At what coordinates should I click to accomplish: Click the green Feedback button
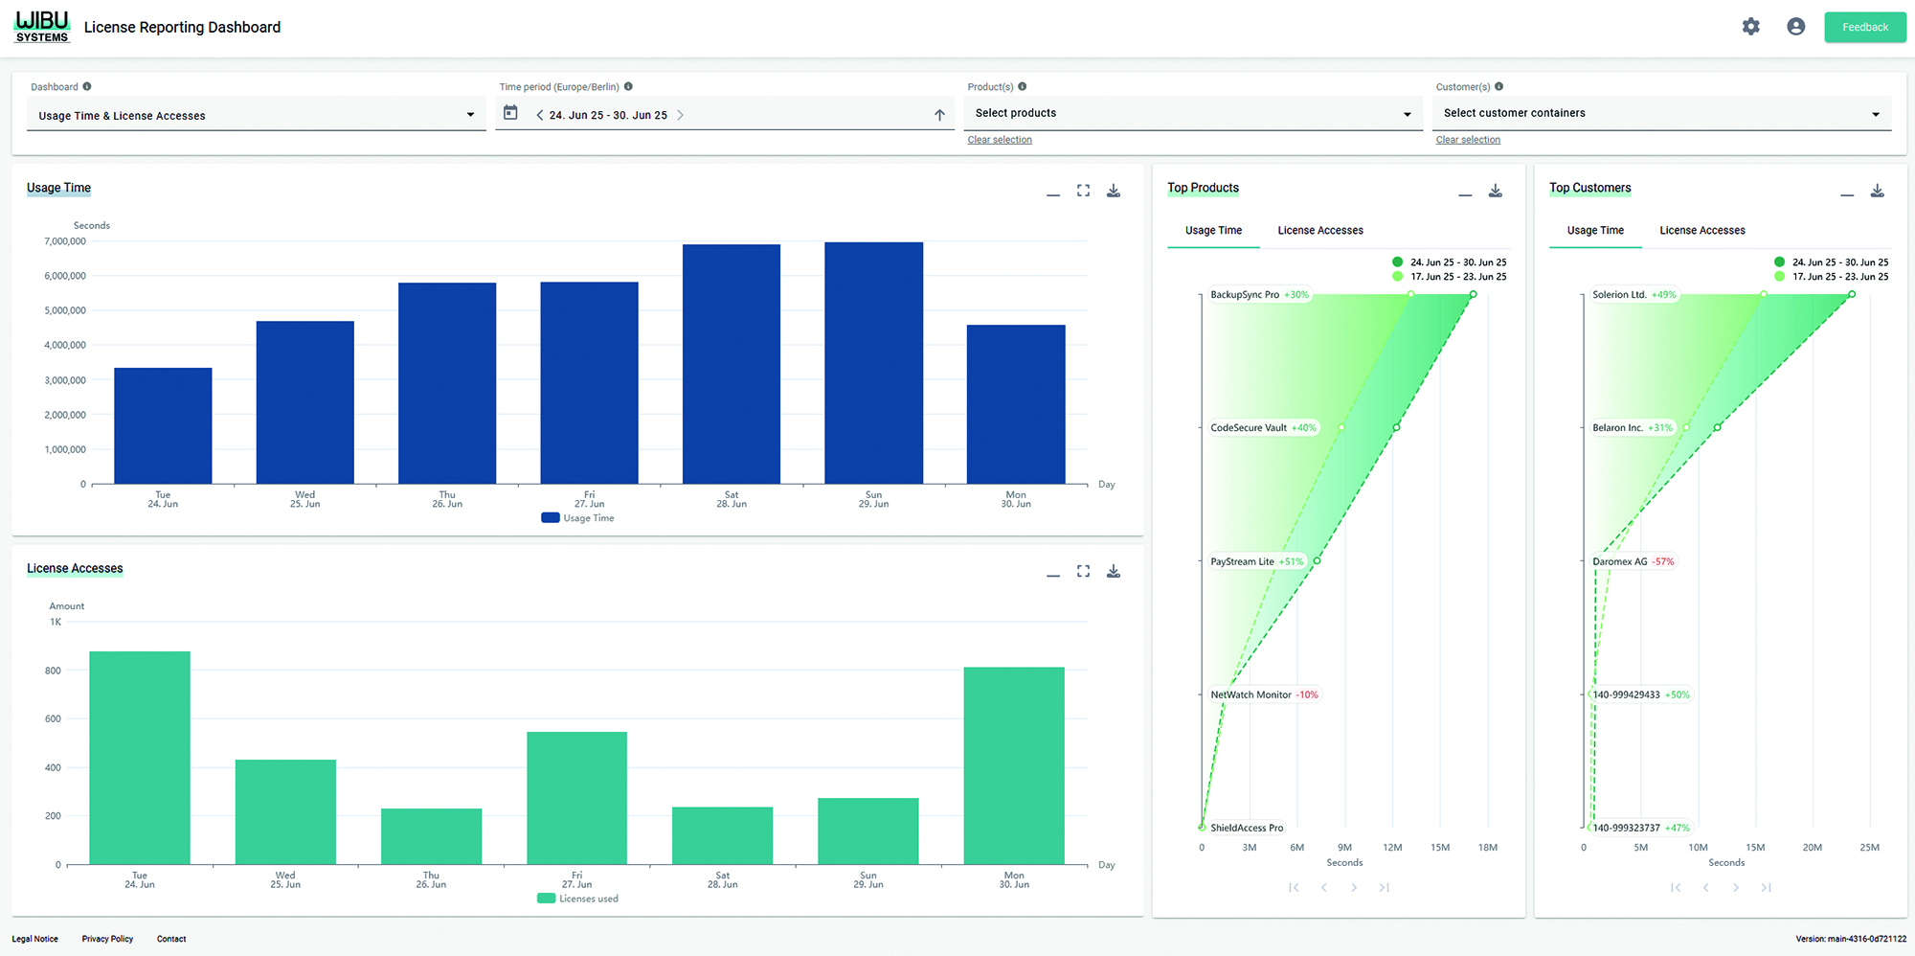click(1864, 27)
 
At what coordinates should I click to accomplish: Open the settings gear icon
click(1750, 27)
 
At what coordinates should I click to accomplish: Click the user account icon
click(1795, 27)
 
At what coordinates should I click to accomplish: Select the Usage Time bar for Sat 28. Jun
click(732, 364)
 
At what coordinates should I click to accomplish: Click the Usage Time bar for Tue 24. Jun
click(163, 425)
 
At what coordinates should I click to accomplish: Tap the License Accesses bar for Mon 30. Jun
click(1014, 765)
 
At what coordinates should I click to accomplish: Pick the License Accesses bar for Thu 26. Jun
click(431, 836)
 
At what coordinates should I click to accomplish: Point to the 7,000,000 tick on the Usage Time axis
click(65, 241)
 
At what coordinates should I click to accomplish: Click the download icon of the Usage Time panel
click(1114, 191)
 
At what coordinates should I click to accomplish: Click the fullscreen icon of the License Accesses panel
click(1083, 571)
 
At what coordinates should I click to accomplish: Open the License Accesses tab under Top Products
click(1319, 231)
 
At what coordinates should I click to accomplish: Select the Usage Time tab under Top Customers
click(1595, 231)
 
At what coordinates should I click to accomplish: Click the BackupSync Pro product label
click(1244, 295)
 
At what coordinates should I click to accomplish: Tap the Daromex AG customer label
click(1619, 562)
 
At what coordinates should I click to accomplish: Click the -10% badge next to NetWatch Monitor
click(1308, 695)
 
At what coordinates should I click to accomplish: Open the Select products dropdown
click(1192, 113)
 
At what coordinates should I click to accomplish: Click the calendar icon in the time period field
click(510, 113)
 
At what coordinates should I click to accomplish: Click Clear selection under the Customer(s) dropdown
click(1468, 140)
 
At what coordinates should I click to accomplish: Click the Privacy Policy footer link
click(107, 939)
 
